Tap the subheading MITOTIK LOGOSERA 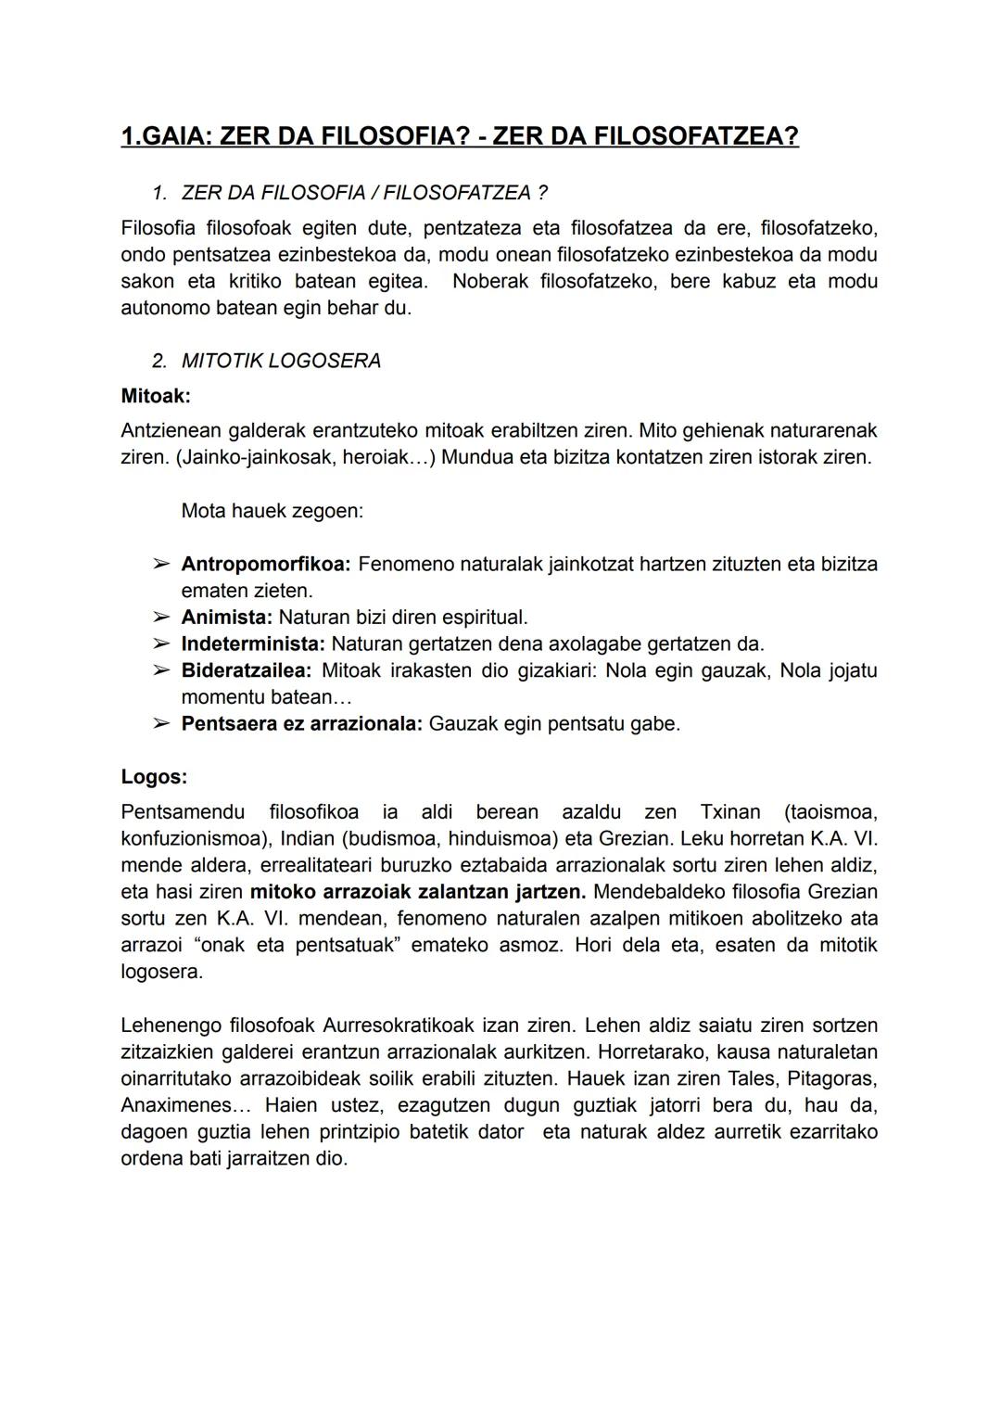tap(281, 361)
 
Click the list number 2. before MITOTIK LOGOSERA tap(159, 361)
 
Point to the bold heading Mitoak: tap(156, 396)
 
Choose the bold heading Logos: tap(154, 777)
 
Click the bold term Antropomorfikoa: tap(266, 564)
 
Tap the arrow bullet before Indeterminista tap(160, 643)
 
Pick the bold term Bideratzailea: tap(247, 670)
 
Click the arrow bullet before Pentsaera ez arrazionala tap(160, 723)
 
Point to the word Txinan tap(730, 812)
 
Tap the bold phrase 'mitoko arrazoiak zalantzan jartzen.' tap(418, 892)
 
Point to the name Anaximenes tap(175, 1105)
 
